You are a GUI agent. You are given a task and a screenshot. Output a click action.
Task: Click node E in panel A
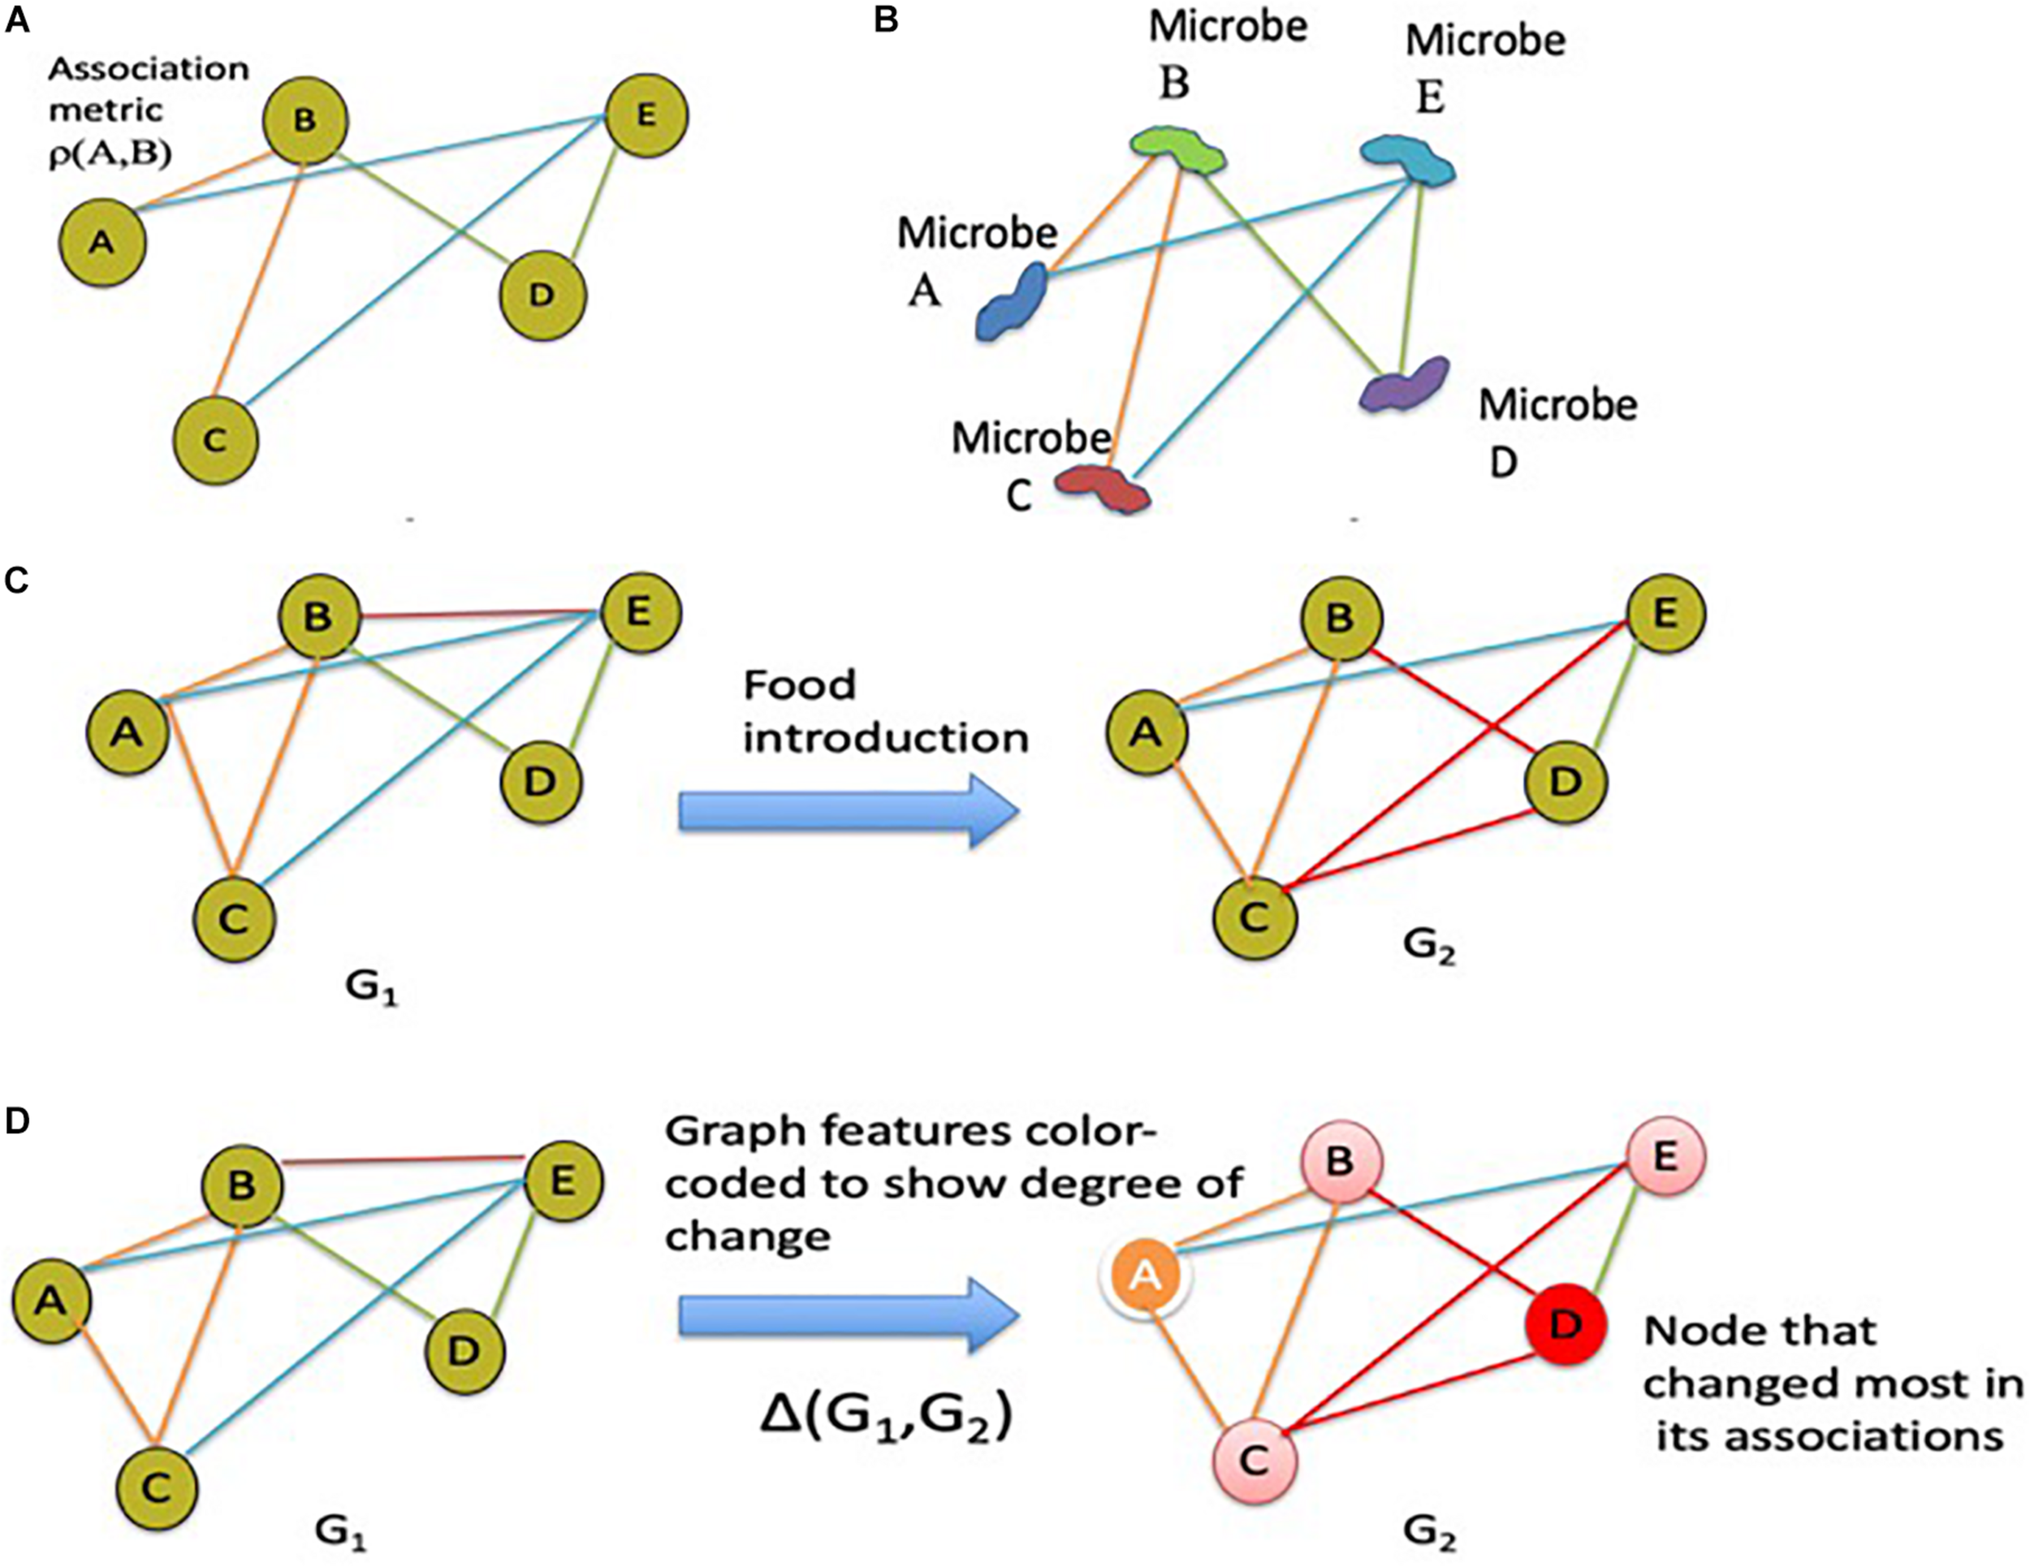pos(647,116)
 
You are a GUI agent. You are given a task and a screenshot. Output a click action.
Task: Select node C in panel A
pos(216,441)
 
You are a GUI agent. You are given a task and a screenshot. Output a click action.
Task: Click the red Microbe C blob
pos(1104,488)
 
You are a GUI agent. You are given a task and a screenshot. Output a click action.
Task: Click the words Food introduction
pos(885,711)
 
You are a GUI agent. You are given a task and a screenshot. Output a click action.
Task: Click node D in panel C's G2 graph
pos(1566,782)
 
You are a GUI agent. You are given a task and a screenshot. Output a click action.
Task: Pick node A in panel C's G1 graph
pos(127,733)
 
